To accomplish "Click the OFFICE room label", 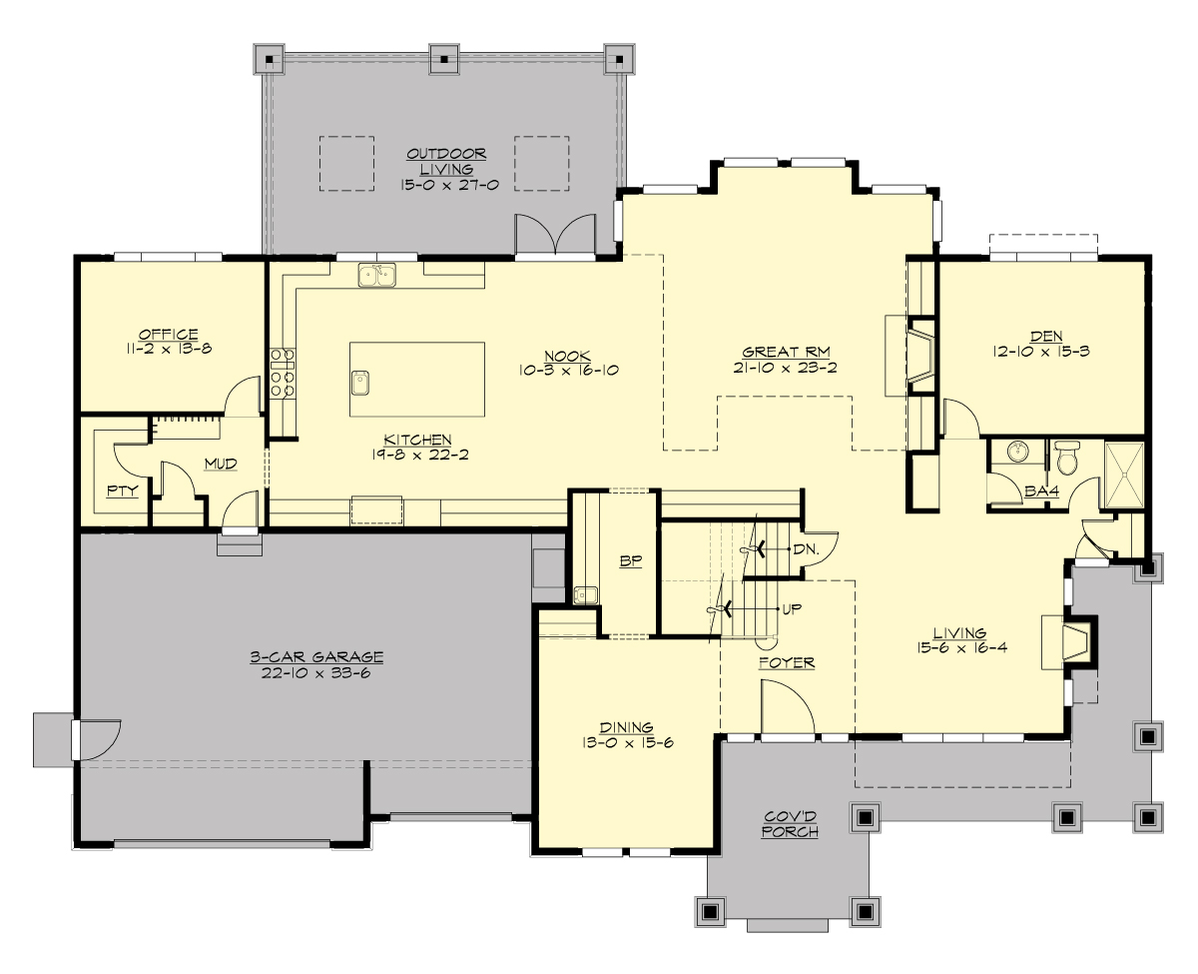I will [168, 335].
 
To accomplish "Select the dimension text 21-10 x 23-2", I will [786, 368].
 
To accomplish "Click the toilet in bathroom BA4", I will [1067, 458].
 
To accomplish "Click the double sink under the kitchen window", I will [377, 274].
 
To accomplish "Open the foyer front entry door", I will [787, 709].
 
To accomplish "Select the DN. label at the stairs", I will [806, 549].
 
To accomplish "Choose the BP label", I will [629, 561].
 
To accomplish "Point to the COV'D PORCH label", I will [790, 824].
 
